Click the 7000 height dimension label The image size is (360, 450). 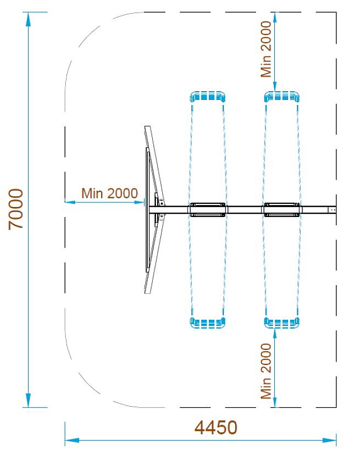(x=16, y=209)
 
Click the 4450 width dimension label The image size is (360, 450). (x=216, y=427)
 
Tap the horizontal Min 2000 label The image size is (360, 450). (x=109, y=193)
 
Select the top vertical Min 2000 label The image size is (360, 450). (x=267, y=48)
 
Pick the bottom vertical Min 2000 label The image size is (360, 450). (x=267, y=371)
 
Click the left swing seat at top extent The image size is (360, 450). (x=208, y=97)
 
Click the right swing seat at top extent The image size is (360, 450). (x=282, y=97)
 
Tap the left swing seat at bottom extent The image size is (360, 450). (x=208, y=323)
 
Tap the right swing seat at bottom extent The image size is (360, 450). (x=282, y=323)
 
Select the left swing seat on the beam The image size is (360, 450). (x=208, y=209)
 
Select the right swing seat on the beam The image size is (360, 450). (x=282, y=209)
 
